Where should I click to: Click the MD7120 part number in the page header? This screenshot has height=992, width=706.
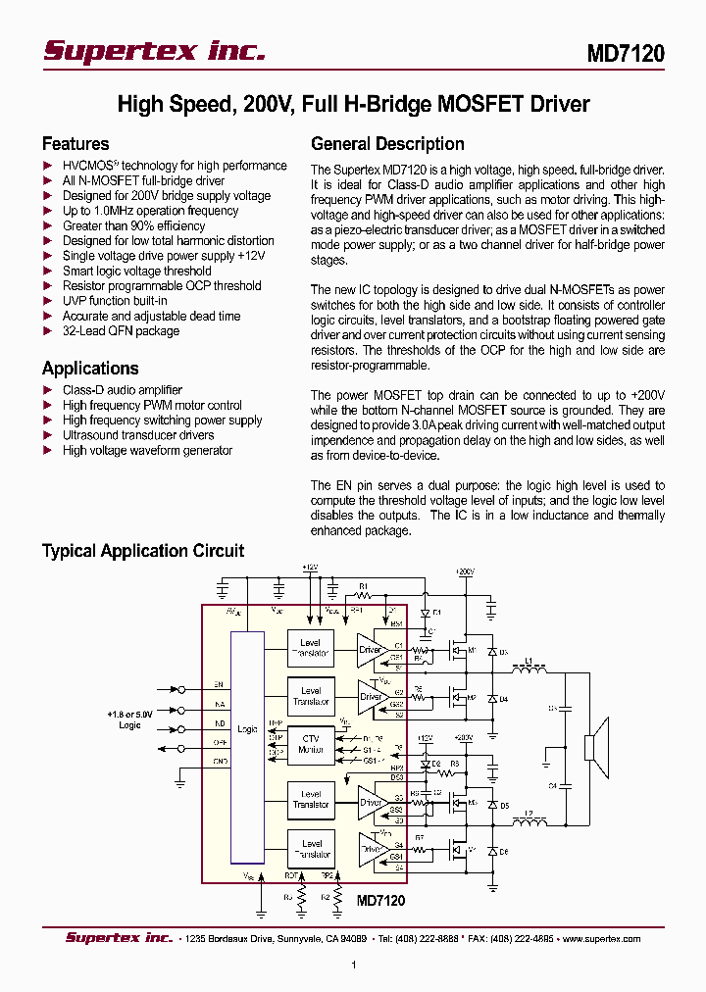click(x=626, y=53)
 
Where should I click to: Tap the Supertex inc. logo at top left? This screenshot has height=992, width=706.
click(x=154, y=51)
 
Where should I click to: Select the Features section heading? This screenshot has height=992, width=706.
click(x=76, y=144)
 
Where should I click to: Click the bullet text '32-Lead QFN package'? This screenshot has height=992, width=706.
click(x=121, y=331)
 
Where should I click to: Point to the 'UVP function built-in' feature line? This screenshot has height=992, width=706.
click(x=115, y=301)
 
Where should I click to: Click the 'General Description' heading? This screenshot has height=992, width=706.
click(x=387, y=144)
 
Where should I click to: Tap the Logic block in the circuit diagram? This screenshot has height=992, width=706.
click(x=247, y=729)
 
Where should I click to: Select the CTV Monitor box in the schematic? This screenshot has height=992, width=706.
click(x=311, y=744)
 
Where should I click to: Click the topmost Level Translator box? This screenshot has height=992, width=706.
click(x=311, y=648)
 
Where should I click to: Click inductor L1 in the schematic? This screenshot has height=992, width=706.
click(x=529, y=671)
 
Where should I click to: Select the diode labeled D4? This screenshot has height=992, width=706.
click(x=491, y=699)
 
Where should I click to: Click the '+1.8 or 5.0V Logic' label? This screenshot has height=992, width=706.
click(x=129, y=719)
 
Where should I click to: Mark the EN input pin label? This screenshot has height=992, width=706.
click(x=219, y=684)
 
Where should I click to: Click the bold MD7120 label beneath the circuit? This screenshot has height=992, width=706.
click(x=380, y=900)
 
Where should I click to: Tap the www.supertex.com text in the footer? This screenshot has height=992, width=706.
click(x=602, y=938)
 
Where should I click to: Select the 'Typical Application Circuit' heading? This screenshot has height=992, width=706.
click(x=143, y=551)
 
